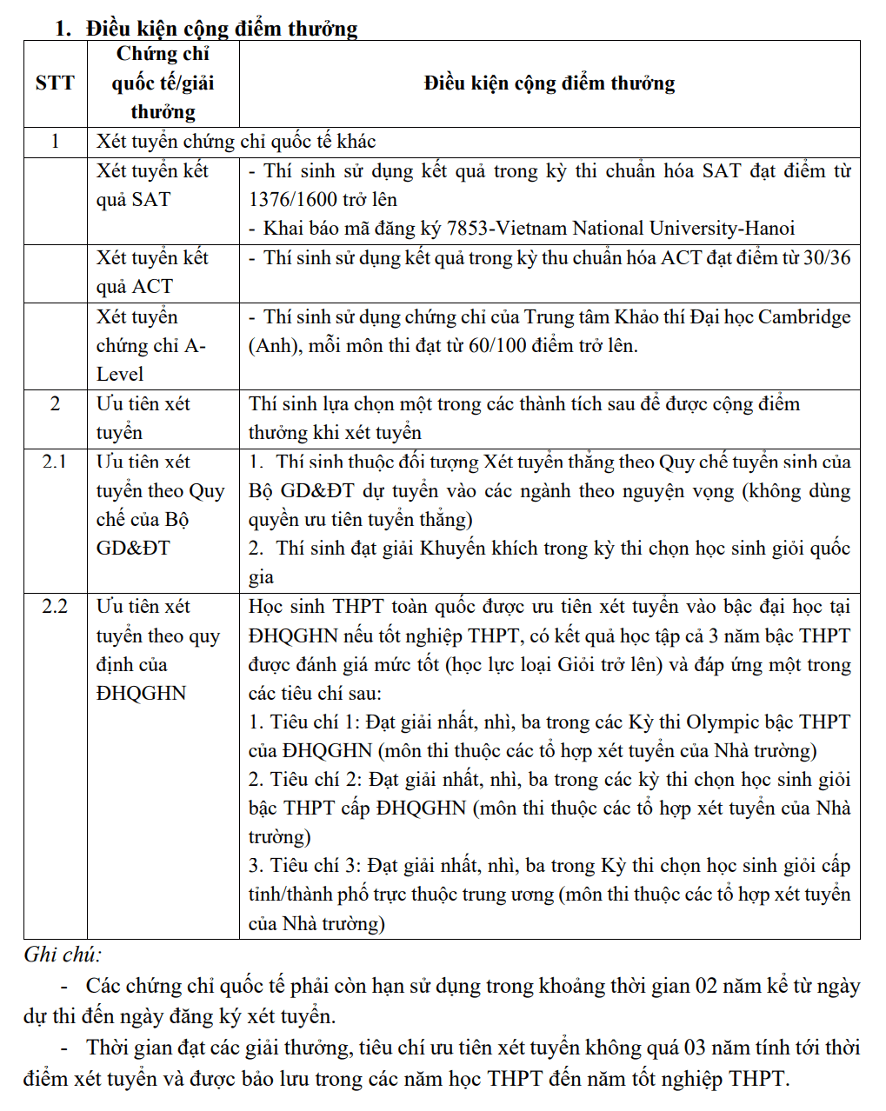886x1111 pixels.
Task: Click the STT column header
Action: [x=55, y=83]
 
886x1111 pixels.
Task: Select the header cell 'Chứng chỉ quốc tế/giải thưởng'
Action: [x=163, y=83]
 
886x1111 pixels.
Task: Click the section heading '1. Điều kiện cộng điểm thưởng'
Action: [x=206, y=28]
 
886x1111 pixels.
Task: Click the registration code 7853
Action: [x=468, y=229]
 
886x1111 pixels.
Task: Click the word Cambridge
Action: [x=804, y=317]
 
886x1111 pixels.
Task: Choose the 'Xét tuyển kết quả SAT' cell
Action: [x=152, y=185]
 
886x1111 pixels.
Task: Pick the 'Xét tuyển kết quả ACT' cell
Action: [x=152, y=272]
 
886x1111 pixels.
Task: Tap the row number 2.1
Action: [x=55, y=462]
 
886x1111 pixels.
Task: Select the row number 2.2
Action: [x=55, y=607]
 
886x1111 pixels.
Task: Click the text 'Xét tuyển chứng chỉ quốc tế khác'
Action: [x=236, y=142]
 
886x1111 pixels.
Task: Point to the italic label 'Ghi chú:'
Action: [x=63, y=955]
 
